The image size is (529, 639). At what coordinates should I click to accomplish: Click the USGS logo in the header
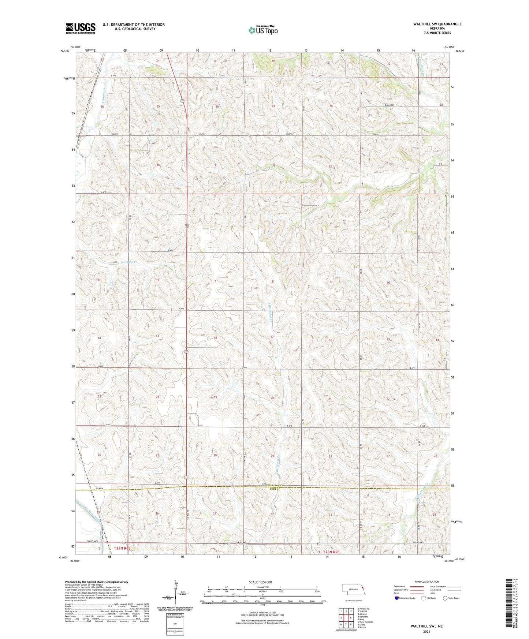point(81,28)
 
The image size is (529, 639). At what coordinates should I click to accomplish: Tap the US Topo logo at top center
point(262,30)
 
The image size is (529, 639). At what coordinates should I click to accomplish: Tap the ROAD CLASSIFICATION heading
point(426,582)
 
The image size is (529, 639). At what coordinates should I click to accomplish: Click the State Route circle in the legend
point(445,598)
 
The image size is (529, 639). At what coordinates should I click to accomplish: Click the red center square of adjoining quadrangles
point(346,617)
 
